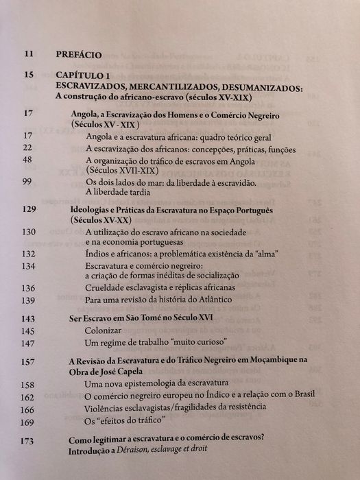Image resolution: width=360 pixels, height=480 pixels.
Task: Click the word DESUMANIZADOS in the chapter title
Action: pos(278,88)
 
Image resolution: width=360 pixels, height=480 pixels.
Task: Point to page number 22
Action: pos(29,148)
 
